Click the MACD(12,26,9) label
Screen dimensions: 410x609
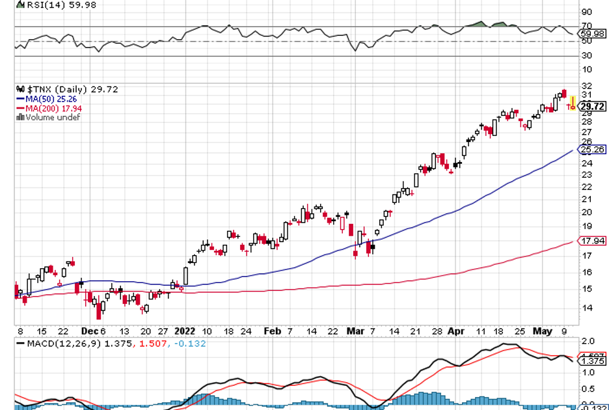59,342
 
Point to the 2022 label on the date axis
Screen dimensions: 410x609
184,331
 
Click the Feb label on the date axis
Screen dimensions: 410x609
272,331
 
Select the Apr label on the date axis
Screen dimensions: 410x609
457,331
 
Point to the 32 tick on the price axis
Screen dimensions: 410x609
586,86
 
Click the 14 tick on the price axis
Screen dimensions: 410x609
586,308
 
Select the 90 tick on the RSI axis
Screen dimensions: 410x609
586,12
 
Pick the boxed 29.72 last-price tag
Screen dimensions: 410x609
593,106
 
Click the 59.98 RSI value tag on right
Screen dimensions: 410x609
593,33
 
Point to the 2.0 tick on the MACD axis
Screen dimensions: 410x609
588,341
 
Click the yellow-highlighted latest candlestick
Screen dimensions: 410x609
573,103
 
